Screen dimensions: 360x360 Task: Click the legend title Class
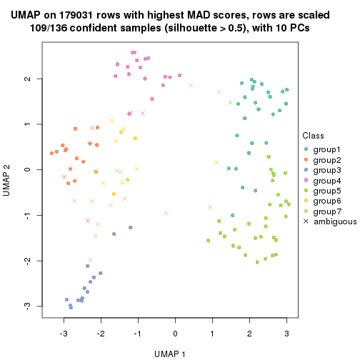point(314,136)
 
